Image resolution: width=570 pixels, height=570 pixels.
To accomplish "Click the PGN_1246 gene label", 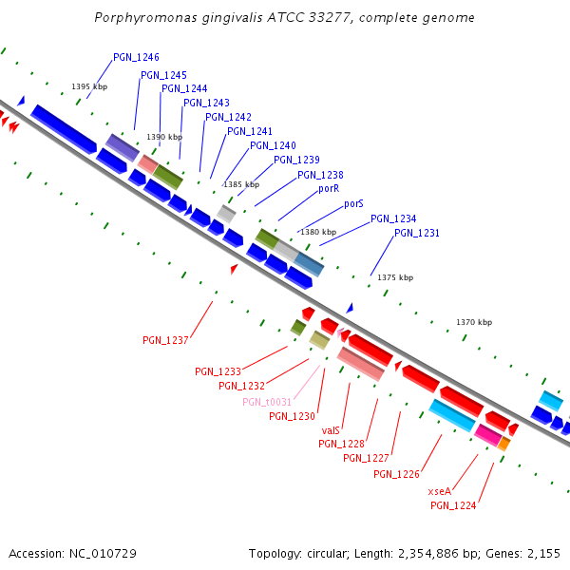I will (x=136, y=57).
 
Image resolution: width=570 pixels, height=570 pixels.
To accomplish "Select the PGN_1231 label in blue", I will (x=417, y=233).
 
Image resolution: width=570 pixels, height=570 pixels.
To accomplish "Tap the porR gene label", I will (x=329, y=189).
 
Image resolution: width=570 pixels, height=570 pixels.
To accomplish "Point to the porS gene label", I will (x=353, y=203).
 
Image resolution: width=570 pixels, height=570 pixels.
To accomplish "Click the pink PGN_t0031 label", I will (x=267, y=402).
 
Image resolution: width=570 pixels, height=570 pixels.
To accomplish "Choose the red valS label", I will (x=331, y=430).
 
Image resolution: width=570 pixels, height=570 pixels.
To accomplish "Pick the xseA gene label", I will (x=439, y=491).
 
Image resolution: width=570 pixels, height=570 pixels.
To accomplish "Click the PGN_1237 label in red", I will (x=165, y=340).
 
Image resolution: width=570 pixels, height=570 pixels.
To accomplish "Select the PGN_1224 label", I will (x=453, y=505).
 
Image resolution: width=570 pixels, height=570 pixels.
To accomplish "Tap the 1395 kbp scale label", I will (x=89, y=86).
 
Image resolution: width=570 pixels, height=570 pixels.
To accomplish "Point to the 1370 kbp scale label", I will (x=474, y=323).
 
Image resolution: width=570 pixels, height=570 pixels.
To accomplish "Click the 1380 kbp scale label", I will (x=318, y=232).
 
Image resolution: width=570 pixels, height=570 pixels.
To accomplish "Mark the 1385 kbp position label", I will (x=240, y=184).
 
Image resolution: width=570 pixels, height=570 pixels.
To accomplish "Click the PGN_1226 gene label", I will (x=396, y=474).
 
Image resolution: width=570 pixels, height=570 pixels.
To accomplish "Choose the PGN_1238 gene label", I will (x=320, y=175).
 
